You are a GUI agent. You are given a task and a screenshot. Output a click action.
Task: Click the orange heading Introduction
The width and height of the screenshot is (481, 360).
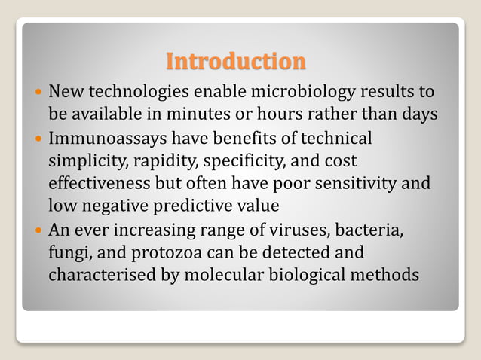coord(236,61)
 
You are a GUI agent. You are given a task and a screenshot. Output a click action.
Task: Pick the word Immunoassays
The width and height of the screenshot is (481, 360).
coord(107,139)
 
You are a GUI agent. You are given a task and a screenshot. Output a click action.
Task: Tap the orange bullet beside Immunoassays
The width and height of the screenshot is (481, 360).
coord(38,139)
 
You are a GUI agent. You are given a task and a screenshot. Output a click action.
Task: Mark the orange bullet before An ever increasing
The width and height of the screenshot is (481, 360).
coord(38,230)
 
